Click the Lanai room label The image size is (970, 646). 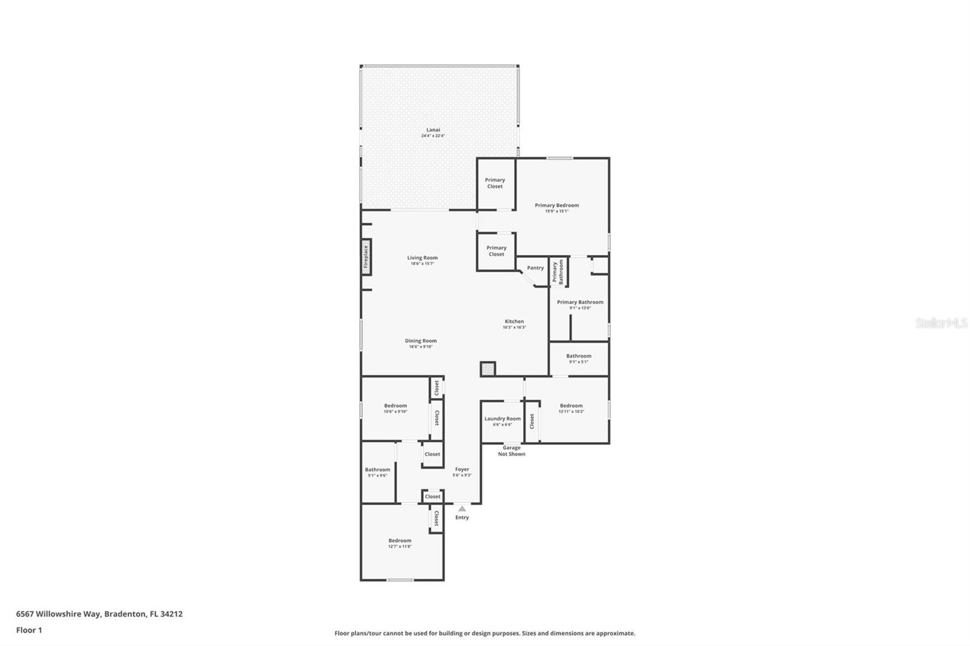433,130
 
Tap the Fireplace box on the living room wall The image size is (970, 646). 366,256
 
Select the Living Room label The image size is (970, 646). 422,258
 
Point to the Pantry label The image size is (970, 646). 535,268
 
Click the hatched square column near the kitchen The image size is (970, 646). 487,368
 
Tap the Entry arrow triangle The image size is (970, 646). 462,508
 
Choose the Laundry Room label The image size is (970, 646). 502,419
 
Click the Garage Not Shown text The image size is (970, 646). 511,451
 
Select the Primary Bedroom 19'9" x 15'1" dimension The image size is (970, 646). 557,211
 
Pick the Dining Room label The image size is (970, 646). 421,341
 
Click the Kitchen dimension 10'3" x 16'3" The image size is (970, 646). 514,327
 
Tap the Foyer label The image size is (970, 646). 462,469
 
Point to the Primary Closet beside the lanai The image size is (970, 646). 495,183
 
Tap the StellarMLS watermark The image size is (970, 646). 941,323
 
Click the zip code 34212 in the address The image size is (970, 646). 170,613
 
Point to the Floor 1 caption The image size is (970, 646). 29,630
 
